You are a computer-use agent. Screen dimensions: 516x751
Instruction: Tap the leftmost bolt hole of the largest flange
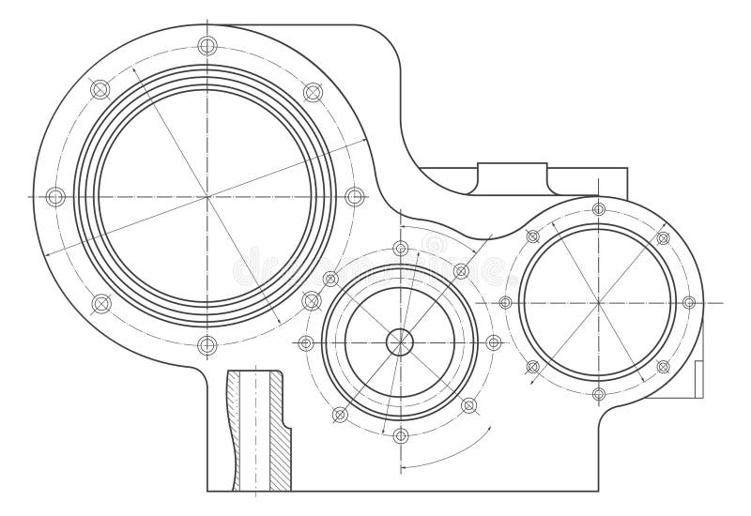(x=54, y=197)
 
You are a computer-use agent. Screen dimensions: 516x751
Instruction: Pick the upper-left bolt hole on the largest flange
(x=100, y=89)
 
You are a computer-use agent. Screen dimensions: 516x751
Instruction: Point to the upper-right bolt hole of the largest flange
(x=313, y=91)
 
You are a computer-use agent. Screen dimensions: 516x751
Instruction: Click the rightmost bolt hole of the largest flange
(x=354, y=197)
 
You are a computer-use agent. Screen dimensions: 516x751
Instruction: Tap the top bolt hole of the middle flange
(x=401, y=249)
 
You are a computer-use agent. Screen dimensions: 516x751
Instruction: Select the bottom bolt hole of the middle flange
(x=401, y=434)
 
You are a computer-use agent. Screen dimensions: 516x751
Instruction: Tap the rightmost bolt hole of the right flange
(x=688, y=302)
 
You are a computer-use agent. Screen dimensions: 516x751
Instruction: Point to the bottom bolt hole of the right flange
(x=598, y=393)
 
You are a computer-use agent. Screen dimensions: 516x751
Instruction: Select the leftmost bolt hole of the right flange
(x=506, y=302)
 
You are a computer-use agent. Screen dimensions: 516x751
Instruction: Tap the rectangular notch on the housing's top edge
(x=512, y=176)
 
